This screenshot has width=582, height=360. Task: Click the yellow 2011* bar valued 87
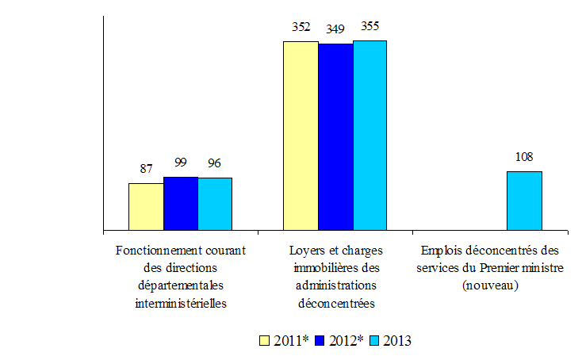(146, 207)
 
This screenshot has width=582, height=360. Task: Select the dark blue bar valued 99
(181, 204)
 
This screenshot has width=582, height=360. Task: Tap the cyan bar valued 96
(215, 205)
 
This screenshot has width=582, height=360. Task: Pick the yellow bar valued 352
(301, 136)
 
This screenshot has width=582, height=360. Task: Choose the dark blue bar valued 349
(335, 137)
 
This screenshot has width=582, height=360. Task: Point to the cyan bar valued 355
(369, 136)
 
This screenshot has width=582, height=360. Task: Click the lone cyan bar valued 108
(524, 201)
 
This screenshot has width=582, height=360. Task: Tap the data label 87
(146, 168)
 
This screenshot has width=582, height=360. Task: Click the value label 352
(301, 27)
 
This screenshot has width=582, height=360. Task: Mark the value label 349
(336, 29)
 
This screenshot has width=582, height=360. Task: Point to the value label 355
(369, 25)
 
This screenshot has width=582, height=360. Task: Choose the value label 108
(524, 156)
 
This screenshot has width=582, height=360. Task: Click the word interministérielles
(181, 302)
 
